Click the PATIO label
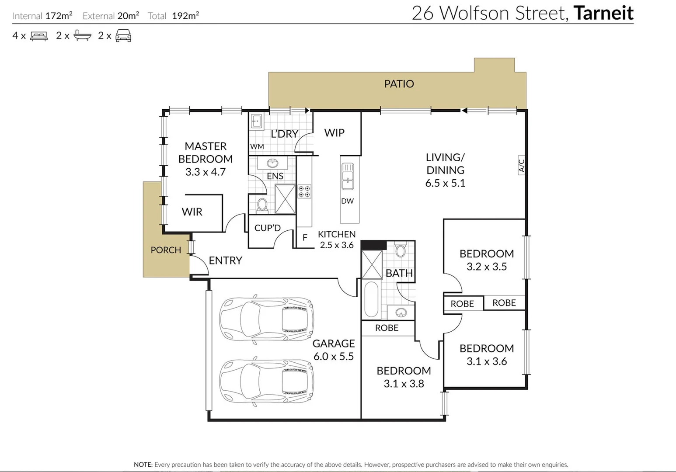pyautogui.click(x=399, y=84)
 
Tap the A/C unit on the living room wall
pyautogui.click(x=521, y=165)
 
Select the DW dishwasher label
pyautogui.click(x=347, y=201)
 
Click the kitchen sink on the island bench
pyautogui.click(x=348, y=176)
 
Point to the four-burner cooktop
pyautogui.click(x=304, y=191)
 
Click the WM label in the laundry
pyautogui.click(x=257, y=146)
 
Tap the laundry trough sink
pyautogui.click(x=256, y=121)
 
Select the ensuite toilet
pyautogui.click(x=262, y=204)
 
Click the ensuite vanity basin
pyautogui.click(x=272, y=163)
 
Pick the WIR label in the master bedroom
pyautogui.click(x=192, y=212)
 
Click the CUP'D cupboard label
pyautogui.click(x=267, y=228)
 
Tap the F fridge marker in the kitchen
pyautogui.click(x=305, y=238)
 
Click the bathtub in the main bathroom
pyautogui.click(x=371, y=299)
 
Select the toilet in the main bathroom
pyautogui.click(x=400, y=250)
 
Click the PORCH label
pyautogui.click(x=166, y=250)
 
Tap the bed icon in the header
pyautogui.click(x=38, y=36)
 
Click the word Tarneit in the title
pyautogui.click(x=603, y=13)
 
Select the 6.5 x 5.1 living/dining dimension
pyautogui.click(x=445, y=183)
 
